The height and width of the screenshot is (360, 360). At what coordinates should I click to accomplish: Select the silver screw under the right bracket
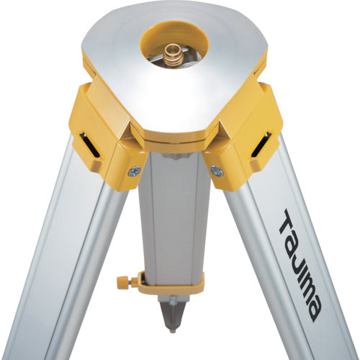217,171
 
